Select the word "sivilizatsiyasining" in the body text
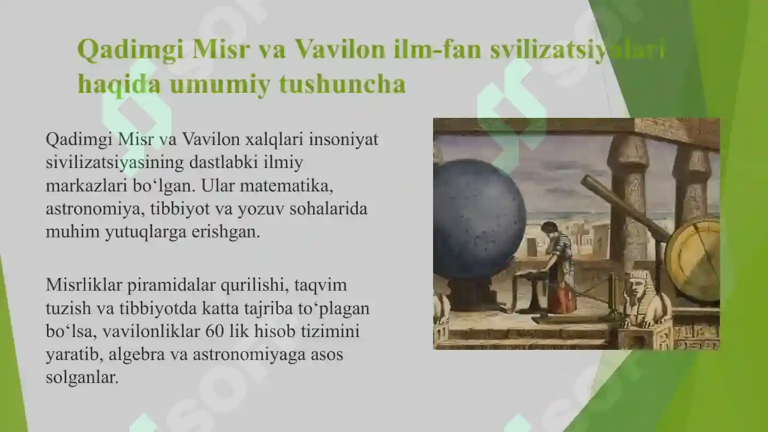point(115,162)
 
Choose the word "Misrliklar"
point(84,285)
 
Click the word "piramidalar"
point(171,285)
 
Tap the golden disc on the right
point(693,259)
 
